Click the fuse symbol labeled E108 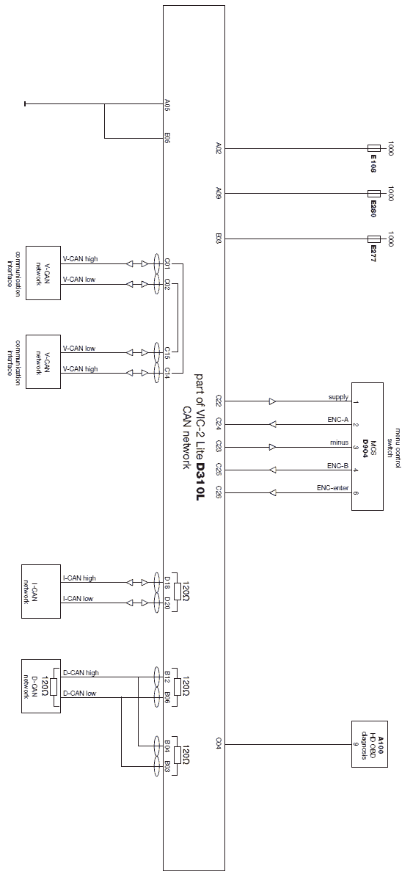coord(374,148)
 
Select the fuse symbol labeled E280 coord(374,194)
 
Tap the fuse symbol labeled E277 coord(374,239)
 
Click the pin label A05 coord(167,105)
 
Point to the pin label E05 coord(167,138)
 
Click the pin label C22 coord(219,401)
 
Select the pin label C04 coord(219,744)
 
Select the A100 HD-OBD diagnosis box coord(369,744)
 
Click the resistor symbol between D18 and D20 coord(178,592)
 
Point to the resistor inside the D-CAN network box coord(54,687)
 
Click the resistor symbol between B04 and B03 coord(178,755)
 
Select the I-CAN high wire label coord(78,578)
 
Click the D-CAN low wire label coord(79,693)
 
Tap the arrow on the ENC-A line coord(273,423)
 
